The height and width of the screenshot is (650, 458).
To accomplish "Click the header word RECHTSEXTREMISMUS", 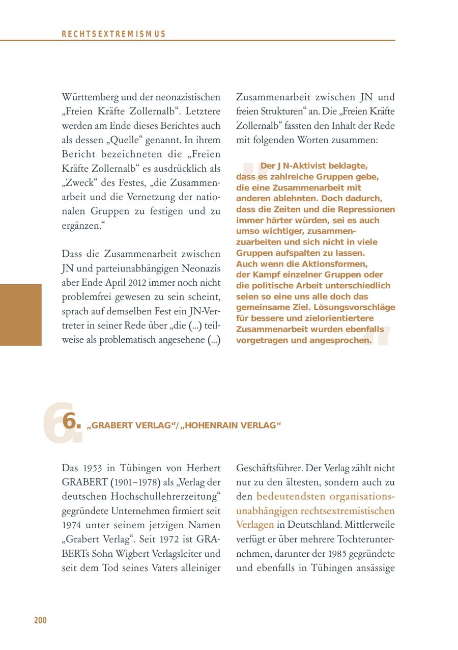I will [x=113, y=34].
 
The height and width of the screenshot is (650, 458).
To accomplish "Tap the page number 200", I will [x=40, y=620].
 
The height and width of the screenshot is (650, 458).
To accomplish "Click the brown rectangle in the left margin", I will [x=20, y=315].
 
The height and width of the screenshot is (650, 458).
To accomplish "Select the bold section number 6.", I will [x=71, y=422].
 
